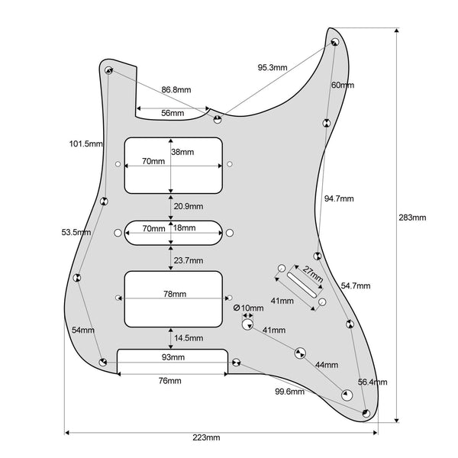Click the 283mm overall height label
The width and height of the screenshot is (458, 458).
coord(412,217)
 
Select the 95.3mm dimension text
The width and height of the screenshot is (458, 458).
coord(273,68)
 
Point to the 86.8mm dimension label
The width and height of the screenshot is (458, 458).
coord(176,89)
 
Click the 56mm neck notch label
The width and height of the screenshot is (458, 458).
coord(172,114)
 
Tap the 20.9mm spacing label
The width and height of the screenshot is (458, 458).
coord(188,206)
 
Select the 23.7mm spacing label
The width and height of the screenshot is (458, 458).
coord(188,260)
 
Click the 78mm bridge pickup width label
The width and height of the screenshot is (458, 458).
coord(174,294)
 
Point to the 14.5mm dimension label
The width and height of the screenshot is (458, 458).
coord(188,337)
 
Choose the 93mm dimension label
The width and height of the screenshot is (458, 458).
coord(173,357)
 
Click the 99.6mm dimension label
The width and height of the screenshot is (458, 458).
coord(289,392)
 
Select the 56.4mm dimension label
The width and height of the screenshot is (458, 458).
coord(373,382)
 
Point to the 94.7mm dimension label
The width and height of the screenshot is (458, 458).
coord(338,198)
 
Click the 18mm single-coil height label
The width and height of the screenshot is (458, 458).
coord(183,227)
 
